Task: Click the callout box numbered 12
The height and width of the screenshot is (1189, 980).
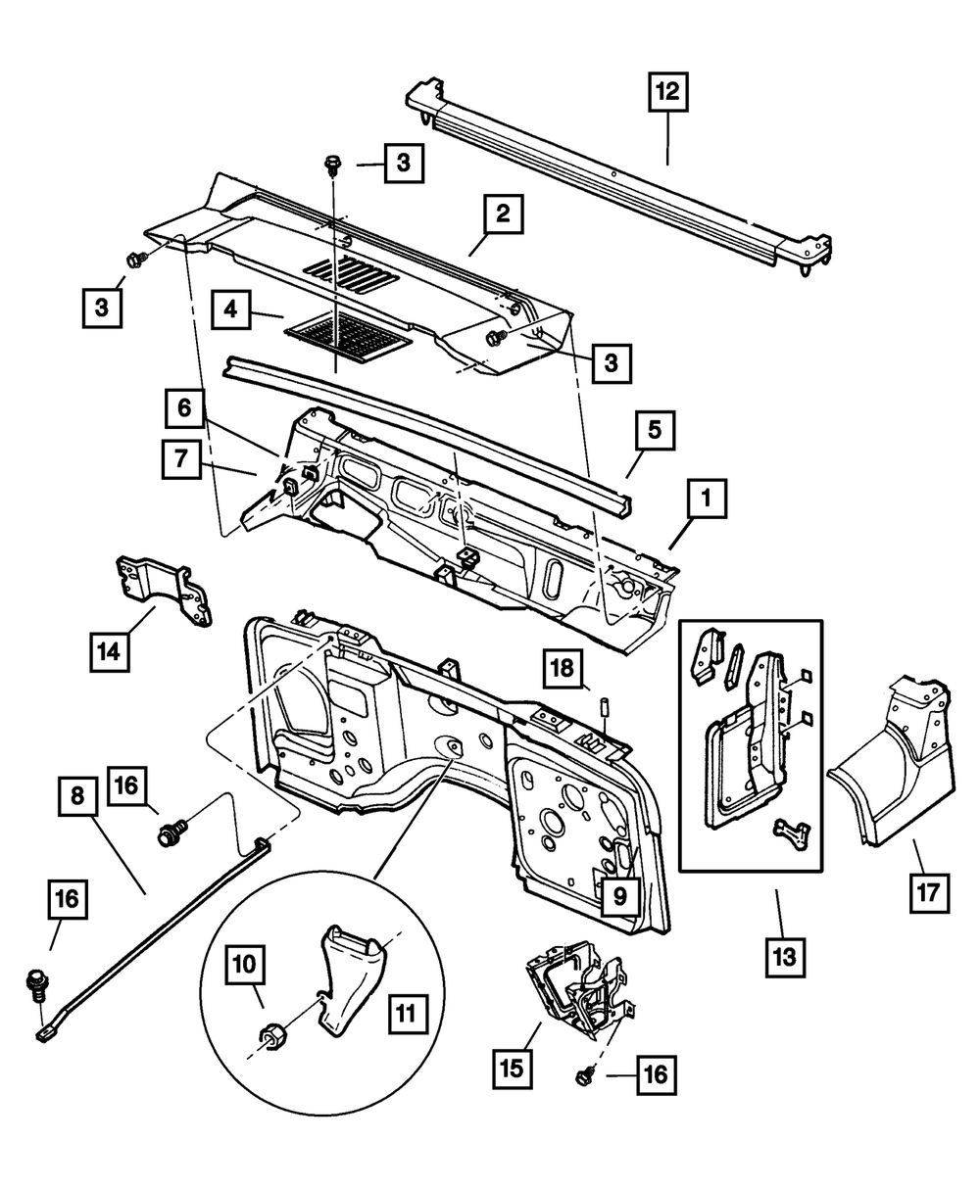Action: click(x=667, y=94)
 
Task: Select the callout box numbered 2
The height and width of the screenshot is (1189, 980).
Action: click(x=501, y=214)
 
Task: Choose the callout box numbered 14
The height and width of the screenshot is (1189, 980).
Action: click(x=111, y=651)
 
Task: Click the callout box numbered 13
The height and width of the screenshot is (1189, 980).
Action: click(x=785, y=957)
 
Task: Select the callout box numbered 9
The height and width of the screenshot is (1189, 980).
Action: click(x=615, y=894)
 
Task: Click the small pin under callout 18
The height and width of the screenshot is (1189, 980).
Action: click(x=606, y=706)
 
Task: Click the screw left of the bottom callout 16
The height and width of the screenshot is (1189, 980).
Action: click(x=586, y=1077)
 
